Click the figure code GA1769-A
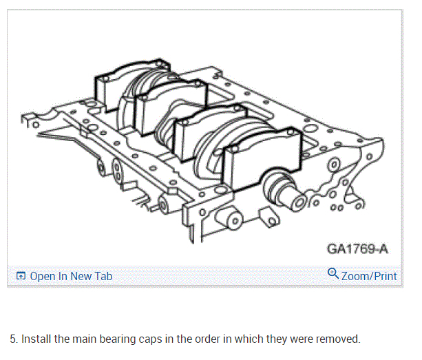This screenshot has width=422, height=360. [357, 248]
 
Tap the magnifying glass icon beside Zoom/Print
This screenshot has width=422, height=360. [333, 275]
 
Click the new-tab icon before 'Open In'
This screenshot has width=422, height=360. [21, 276]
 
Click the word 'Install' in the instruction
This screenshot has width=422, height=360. [35, 339]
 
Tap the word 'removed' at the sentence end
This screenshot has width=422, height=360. [337, 339]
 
